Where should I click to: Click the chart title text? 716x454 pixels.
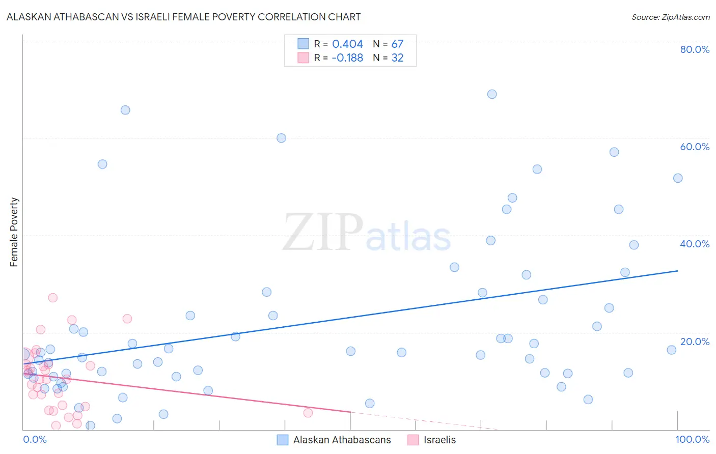[x=183, y=17]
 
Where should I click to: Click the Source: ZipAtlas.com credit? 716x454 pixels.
[x=670, y=17]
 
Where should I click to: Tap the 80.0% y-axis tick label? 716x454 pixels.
[x=695, y=49]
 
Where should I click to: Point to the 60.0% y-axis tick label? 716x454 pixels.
[x=695, y=147]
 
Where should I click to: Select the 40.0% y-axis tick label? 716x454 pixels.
[x=695, y=244]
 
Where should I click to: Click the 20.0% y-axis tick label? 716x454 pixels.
[x=695, y=342]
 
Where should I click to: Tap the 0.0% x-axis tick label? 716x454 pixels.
[x=35, y=439]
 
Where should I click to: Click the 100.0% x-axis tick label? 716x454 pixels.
[x=692, y=439]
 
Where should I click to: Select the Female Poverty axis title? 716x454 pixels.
[x=14, y=232]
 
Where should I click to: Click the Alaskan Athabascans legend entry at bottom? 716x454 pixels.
[x=342, y=440]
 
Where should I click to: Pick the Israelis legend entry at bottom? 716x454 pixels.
[x=439, y=440]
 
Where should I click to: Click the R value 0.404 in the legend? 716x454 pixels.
[x=347, y=44]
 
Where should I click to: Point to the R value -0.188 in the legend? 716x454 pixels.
[x=347, y=58]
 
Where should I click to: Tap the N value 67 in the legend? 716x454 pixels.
[x=397, y=44]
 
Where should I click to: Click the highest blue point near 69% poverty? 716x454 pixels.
[x=492, y=94]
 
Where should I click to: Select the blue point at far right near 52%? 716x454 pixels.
[x=678, y=178]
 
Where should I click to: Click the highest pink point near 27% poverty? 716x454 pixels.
[x=52, y=298]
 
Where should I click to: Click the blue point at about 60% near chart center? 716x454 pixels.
[x=281, y=138]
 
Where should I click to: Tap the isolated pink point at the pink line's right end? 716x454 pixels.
[x=308, y=413]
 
